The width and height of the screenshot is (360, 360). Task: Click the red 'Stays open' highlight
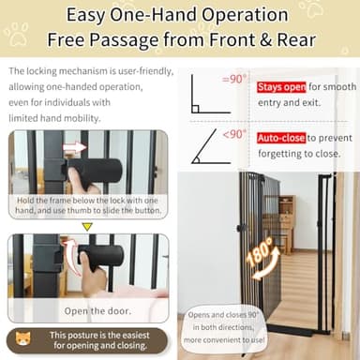pos(277,87)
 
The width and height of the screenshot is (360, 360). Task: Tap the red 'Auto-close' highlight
pos(277,137)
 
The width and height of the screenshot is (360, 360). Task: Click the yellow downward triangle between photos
pos(87,226)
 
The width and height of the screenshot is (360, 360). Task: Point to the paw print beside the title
pos(15,34)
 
